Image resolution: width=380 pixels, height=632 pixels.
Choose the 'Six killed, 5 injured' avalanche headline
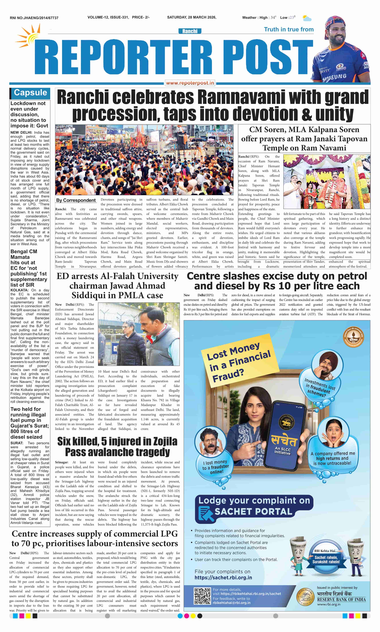[x=117, y=447]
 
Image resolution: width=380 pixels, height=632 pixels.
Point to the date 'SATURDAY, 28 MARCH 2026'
[x=192, y=17]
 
